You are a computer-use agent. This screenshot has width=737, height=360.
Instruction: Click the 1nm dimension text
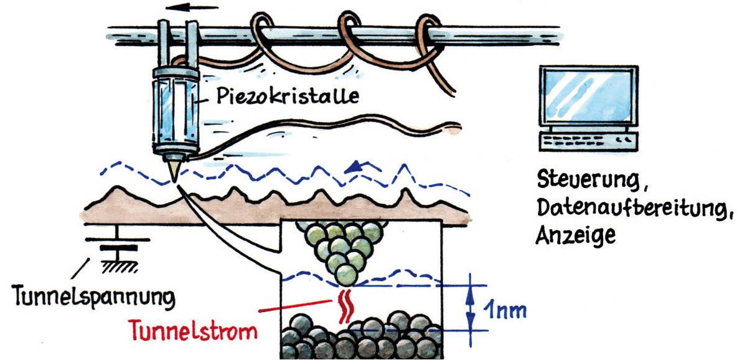click(504, 310)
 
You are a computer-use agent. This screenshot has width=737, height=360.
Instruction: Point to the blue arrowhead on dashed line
click(357, 166)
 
